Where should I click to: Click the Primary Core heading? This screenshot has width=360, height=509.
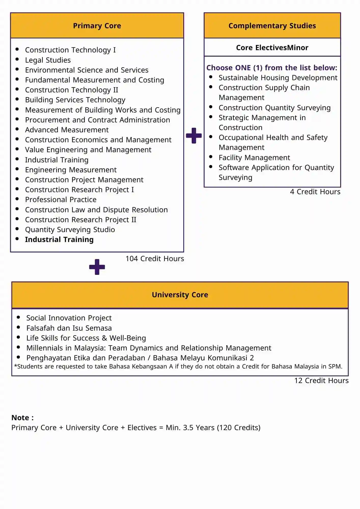97,26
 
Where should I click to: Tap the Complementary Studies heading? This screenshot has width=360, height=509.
272,26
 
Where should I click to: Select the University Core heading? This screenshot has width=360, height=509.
180,295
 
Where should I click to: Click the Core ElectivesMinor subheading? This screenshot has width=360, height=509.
272,48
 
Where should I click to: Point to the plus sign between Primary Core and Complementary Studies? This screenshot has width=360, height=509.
194,136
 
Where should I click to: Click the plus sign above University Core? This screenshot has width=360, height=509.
97,267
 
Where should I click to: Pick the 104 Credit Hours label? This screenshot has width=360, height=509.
155,259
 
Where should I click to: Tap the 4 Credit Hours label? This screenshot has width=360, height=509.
315,192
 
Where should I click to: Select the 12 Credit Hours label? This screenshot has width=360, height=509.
321,380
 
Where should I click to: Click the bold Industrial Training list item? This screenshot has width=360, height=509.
59,239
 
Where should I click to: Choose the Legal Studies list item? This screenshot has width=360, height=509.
48,60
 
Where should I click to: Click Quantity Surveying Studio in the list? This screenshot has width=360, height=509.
70,230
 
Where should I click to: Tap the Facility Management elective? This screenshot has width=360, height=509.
254,158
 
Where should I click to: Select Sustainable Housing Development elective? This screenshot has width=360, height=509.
278,78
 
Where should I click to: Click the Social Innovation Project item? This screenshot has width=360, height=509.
69,318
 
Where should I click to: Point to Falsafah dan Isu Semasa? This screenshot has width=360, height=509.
69,328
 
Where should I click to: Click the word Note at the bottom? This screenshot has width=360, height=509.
20,418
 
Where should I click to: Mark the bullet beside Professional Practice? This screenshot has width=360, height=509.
17,199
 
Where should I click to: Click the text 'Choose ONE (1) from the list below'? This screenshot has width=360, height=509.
271,68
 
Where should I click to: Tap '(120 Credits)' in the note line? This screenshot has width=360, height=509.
239,428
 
